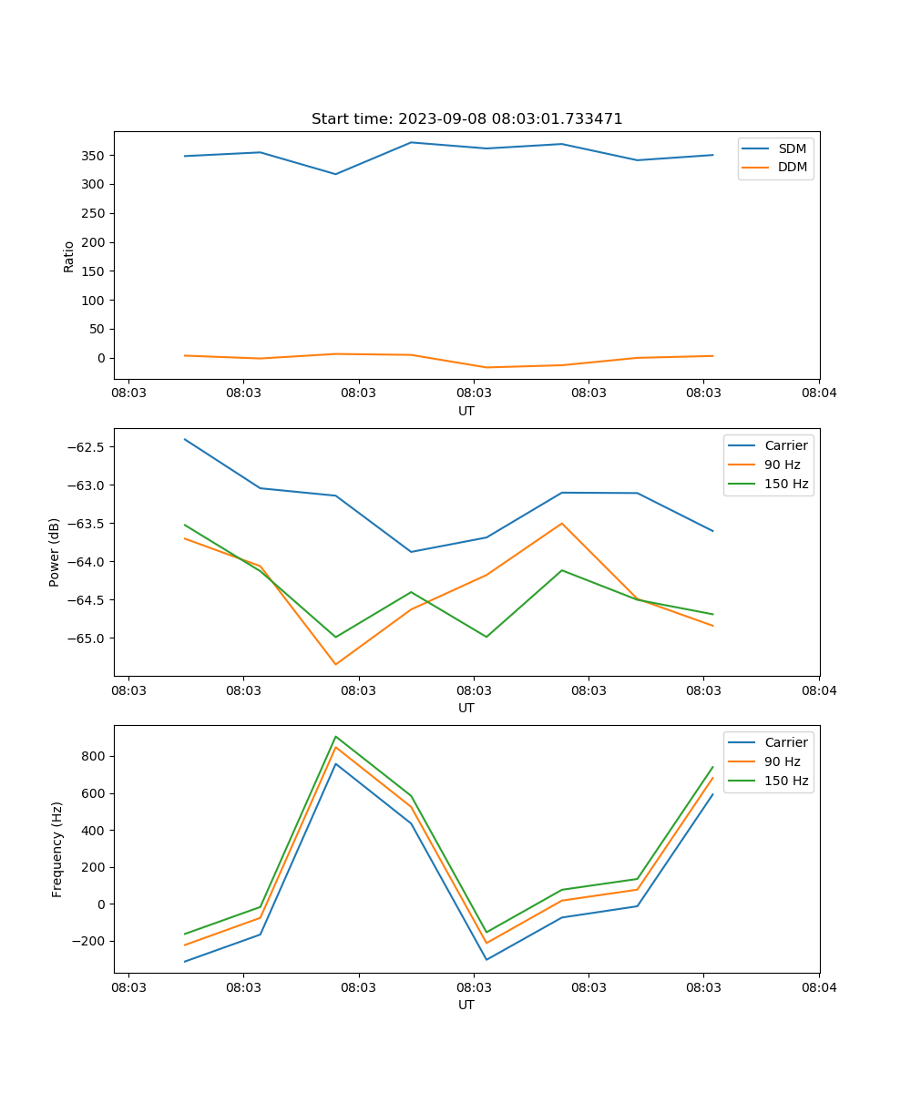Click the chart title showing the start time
point(466,119)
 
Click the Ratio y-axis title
point(69,256)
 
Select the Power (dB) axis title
point(55,552)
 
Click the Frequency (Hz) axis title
point(56,849)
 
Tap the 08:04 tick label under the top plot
point(818,393)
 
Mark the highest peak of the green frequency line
point(335,736)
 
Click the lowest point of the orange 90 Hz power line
point(335,664)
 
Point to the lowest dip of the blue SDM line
point(335,174)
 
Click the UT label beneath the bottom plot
point(466,1005)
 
